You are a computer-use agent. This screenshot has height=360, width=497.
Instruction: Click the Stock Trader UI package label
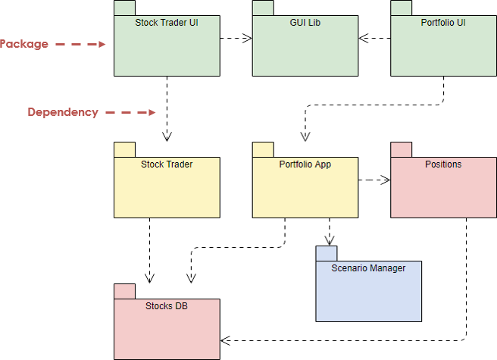[166, 23]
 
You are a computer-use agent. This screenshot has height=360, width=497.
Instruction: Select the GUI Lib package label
[305, 23]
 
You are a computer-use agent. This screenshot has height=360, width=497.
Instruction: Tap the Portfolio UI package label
[442, 23]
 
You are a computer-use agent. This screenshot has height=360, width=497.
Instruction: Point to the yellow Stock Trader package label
[167, 164]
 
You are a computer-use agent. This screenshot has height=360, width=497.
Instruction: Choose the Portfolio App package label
[305, 164]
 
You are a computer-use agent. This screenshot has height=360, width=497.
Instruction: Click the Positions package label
[443, 164]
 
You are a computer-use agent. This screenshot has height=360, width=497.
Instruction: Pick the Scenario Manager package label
[368, 268]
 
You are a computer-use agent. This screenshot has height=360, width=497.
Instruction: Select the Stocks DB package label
[167, 306]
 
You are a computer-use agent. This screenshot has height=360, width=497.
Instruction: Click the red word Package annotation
[23, 44]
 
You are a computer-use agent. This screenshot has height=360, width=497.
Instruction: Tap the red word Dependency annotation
[63, 112]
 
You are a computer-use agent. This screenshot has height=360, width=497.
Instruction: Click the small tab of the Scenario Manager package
[327, 254]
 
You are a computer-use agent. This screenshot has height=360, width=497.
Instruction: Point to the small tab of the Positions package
[401, 149]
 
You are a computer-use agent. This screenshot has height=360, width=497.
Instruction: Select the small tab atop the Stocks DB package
[124, 291]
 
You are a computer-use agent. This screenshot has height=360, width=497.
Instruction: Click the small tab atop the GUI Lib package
[263, 8]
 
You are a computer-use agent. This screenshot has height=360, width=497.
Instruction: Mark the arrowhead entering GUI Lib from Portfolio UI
[364, 36]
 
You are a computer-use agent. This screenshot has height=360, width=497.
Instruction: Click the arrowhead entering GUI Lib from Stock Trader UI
[247, 36]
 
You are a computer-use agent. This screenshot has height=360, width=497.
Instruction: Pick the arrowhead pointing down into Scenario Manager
[330, 239]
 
